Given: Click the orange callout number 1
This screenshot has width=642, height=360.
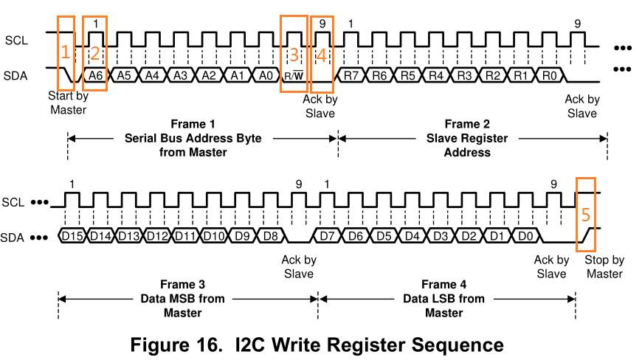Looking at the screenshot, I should (x=65, y=52).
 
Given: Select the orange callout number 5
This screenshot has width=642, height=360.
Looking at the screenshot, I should (x=585, y=215).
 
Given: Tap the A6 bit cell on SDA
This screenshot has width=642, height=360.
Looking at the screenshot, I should (x=94, y=75).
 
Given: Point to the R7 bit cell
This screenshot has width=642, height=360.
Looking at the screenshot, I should (x=351, y=75).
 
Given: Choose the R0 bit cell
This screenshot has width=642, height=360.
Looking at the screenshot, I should (x=548, y=75).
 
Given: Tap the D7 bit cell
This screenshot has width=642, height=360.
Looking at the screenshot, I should (x=327, y=235).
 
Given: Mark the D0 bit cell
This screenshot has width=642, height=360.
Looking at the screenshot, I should (x=525, y=235).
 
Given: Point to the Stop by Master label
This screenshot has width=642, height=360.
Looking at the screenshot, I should (x=603, y=266).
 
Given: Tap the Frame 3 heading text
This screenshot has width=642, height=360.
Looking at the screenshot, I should (x=182, y=285).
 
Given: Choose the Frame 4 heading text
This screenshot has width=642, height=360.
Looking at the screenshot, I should (x=443, y=285).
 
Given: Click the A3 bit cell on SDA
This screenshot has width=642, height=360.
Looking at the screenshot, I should (x=180, y=75).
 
